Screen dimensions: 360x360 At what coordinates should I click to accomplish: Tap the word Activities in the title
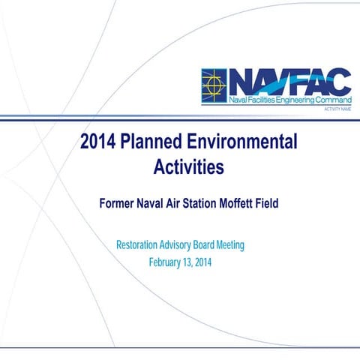[x=188, y=166]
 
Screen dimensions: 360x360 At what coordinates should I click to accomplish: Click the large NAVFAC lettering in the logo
[x=289, y=80]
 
